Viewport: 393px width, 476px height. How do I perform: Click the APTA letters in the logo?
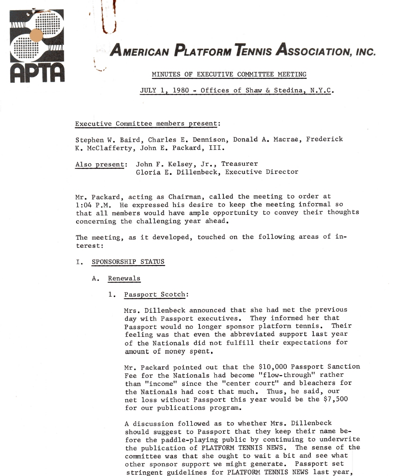(x=37, y=73)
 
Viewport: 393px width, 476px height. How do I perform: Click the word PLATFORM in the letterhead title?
(x=202, y=51)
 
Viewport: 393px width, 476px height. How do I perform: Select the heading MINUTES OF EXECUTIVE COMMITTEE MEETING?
(x=229, y=74)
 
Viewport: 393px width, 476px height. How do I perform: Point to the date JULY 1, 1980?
(x=165, y=91)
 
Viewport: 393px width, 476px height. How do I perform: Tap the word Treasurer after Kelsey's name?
(x=240, y=164)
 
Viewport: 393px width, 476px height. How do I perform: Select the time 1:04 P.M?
(x=93, y=205)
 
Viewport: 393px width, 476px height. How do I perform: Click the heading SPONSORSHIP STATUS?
(x=128, y=262)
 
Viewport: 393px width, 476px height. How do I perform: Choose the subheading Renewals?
(x=124, y=278)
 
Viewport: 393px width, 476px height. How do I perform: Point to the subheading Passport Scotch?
(x=155, y=295)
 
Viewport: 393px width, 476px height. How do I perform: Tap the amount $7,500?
(x=335, y=399)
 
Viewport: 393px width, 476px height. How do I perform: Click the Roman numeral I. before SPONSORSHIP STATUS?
(x=79, y=262)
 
